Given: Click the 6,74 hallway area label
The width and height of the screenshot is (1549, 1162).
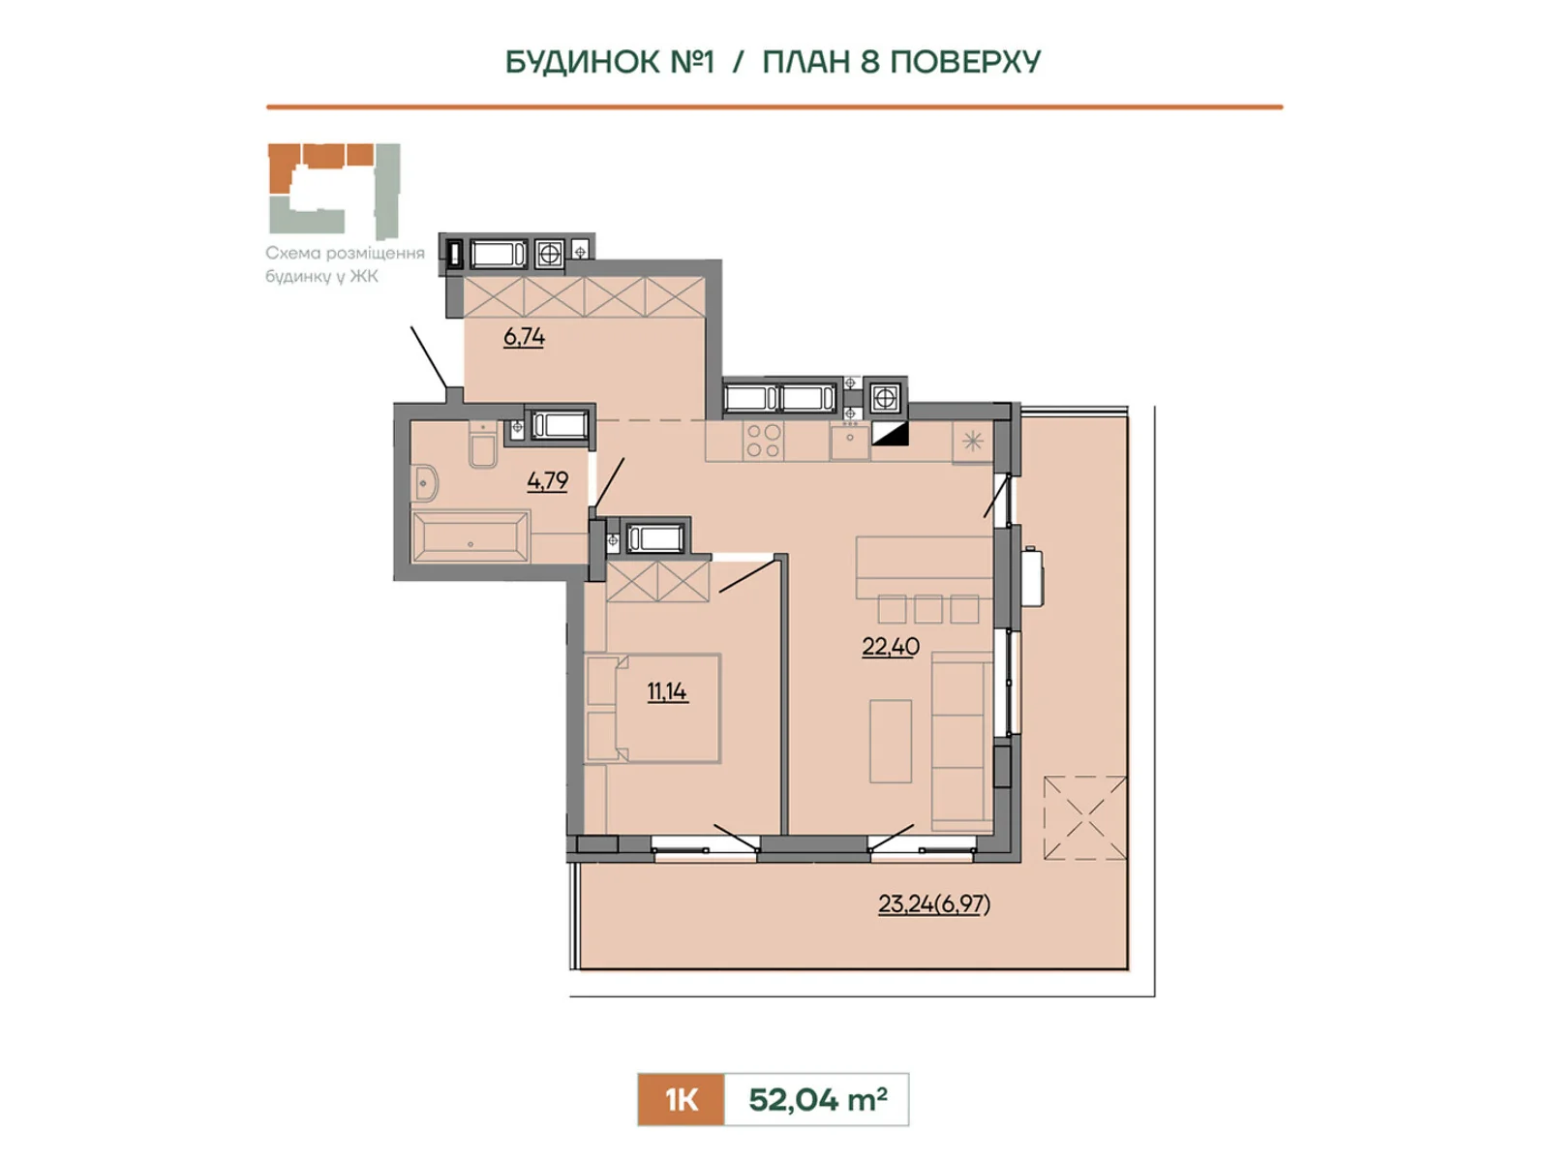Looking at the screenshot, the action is point(524,337).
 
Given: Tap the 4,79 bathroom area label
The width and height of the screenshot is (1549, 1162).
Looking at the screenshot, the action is point(548,481).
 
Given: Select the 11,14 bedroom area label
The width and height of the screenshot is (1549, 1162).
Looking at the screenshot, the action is point(667,692).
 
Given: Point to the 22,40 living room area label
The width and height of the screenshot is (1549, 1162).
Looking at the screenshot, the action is point(891,646).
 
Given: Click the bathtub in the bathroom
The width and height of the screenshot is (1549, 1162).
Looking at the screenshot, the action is point(470,536).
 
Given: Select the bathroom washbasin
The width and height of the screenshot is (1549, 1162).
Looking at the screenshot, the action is point(425,483).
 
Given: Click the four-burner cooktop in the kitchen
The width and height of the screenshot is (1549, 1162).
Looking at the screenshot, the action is point(763,442).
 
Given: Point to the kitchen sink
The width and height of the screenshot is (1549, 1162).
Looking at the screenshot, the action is point(850,441).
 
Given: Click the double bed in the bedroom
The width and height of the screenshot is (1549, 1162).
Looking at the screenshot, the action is point(653,709).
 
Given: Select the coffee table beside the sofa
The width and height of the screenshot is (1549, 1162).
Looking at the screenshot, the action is point(891,741).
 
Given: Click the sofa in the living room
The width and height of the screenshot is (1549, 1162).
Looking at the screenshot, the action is point(962,741).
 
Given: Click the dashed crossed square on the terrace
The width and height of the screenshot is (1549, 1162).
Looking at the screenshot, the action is point(1085,817).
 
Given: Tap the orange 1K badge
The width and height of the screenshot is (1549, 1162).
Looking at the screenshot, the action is point(681,1100).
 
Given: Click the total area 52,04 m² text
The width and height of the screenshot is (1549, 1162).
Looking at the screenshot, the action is point(818,1099).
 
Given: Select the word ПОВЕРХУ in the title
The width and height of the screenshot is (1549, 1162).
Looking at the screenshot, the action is point(964,62).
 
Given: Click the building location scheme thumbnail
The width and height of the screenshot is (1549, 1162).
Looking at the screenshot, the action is point(335,191).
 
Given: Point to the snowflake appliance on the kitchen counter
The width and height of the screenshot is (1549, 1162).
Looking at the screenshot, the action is point(972,443).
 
